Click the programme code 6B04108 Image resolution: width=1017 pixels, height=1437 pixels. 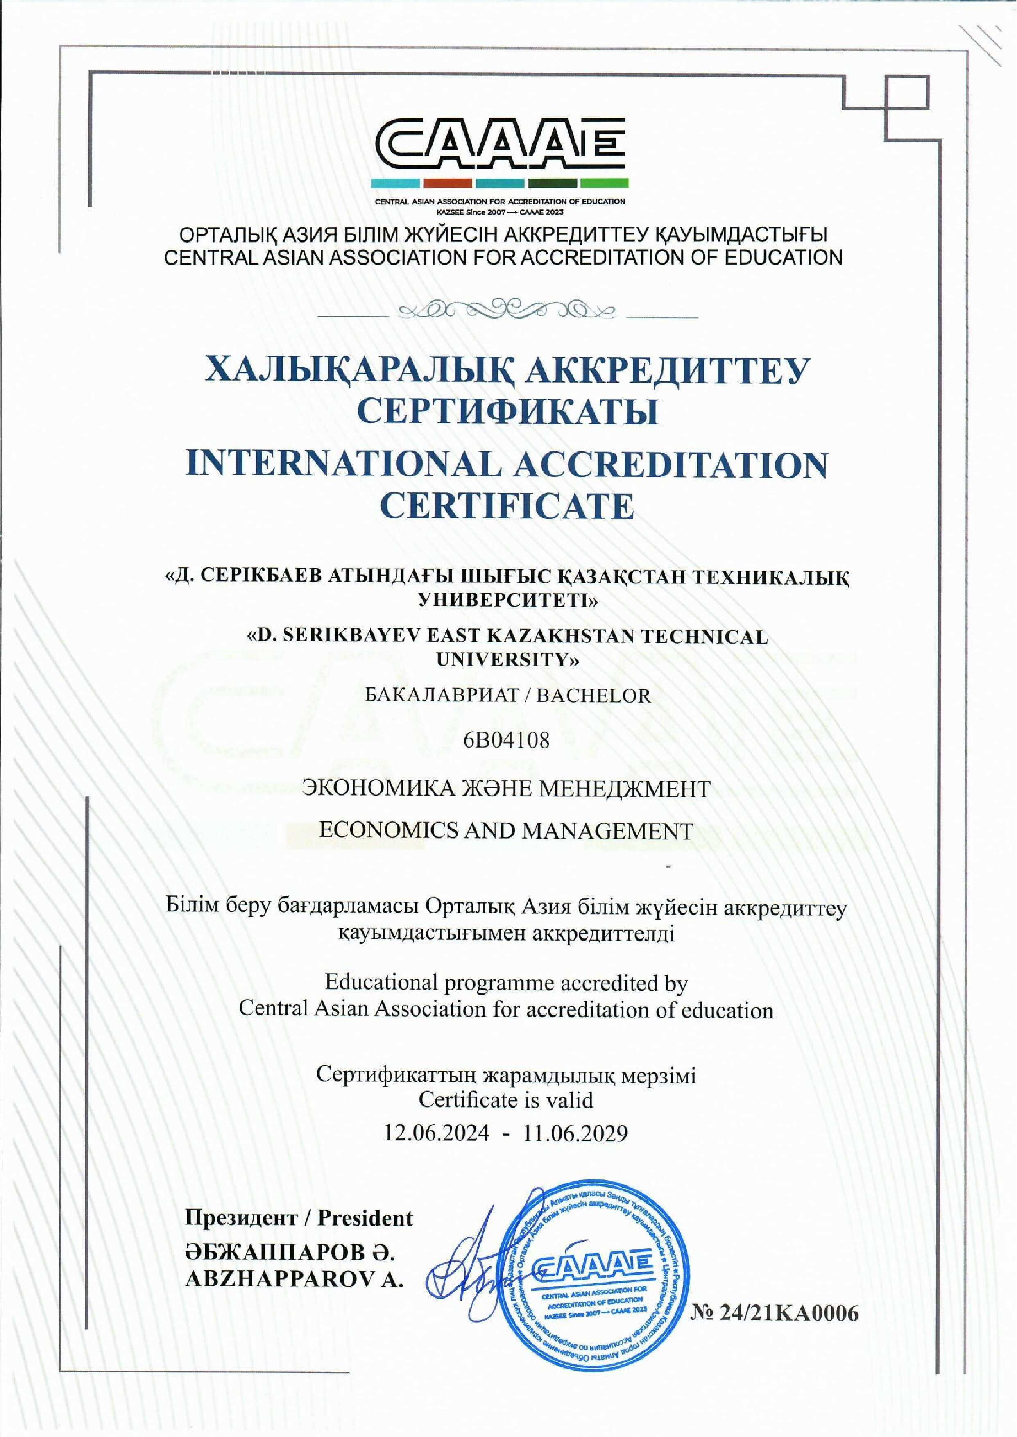coord(507,740)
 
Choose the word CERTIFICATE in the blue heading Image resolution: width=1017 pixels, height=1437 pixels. coord(507,506)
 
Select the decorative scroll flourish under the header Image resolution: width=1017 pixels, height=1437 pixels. coord(507,309)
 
